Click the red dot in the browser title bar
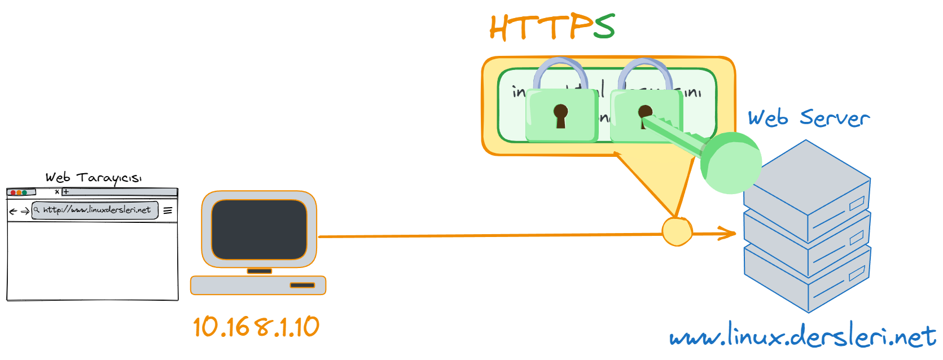13,192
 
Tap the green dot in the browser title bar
24,192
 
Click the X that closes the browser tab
57,192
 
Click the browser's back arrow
13,212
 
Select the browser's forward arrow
25,212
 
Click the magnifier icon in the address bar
37,210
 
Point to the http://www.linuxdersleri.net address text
97,210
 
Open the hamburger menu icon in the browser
168,210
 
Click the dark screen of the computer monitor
259,229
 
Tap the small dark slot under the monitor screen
259,271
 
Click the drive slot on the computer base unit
302,285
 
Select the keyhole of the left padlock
560,115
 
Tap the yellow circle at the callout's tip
677,231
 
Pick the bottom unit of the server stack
807,279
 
